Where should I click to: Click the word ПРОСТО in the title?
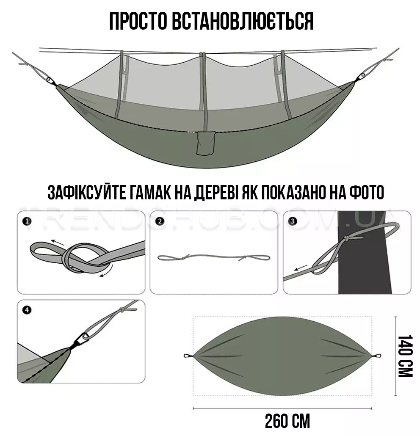tap(138, 21)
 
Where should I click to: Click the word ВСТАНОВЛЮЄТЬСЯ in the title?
tap(243, 21)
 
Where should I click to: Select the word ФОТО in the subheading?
tap(367, 192)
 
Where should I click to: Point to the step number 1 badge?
tap(27, 222)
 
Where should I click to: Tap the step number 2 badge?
tap(160, 222)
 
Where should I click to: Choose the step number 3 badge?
tap(293, 222)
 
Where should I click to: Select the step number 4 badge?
tap(27, 310)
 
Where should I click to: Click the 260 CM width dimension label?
tap(287, 422)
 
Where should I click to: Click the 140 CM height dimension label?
tap(405, 356)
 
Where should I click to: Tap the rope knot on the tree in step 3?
tap(348, 239)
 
